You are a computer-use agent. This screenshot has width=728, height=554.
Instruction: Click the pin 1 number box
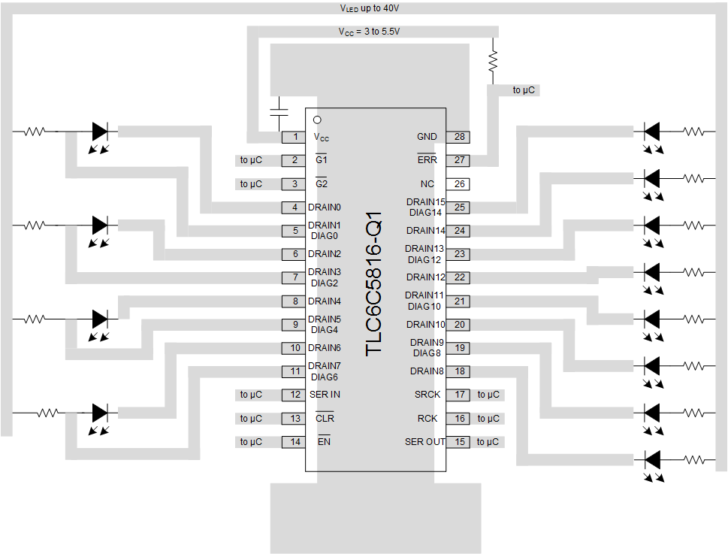click(x=295, y=137)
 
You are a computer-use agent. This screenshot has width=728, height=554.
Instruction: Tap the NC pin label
click(x=427, y=183)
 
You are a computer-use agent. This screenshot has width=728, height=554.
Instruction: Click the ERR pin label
click(x=427, y=160)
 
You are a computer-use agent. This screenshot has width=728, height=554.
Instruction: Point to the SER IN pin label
click(x=325, y=395)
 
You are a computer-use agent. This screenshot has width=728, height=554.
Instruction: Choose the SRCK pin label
click(x=427, y=395)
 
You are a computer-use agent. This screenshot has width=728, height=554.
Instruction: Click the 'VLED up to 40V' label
click(x=370, y=8)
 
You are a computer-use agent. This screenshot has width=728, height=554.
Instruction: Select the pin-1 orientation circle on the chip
click(x=317, y=119)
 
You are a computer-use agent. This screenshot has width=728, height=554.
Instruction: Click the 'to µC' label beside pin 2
click(x=251, y=160)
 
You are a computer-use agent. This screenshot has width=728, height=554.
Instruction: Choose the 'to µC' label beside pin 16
click(x=488, y=419)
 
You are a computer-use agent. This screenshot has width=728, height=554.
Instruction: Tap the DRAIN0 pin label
click(x=324, y=207)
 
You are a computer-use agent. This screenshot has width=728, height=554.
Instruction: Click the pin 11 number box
click(x=295, y=371)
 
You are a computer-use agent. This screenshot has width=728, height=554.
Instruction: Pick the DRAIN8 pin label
click(x=426, y=371)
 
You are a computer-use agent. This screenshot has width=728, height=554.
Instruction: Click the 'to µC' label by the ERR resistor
click(x=524, y=90)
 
